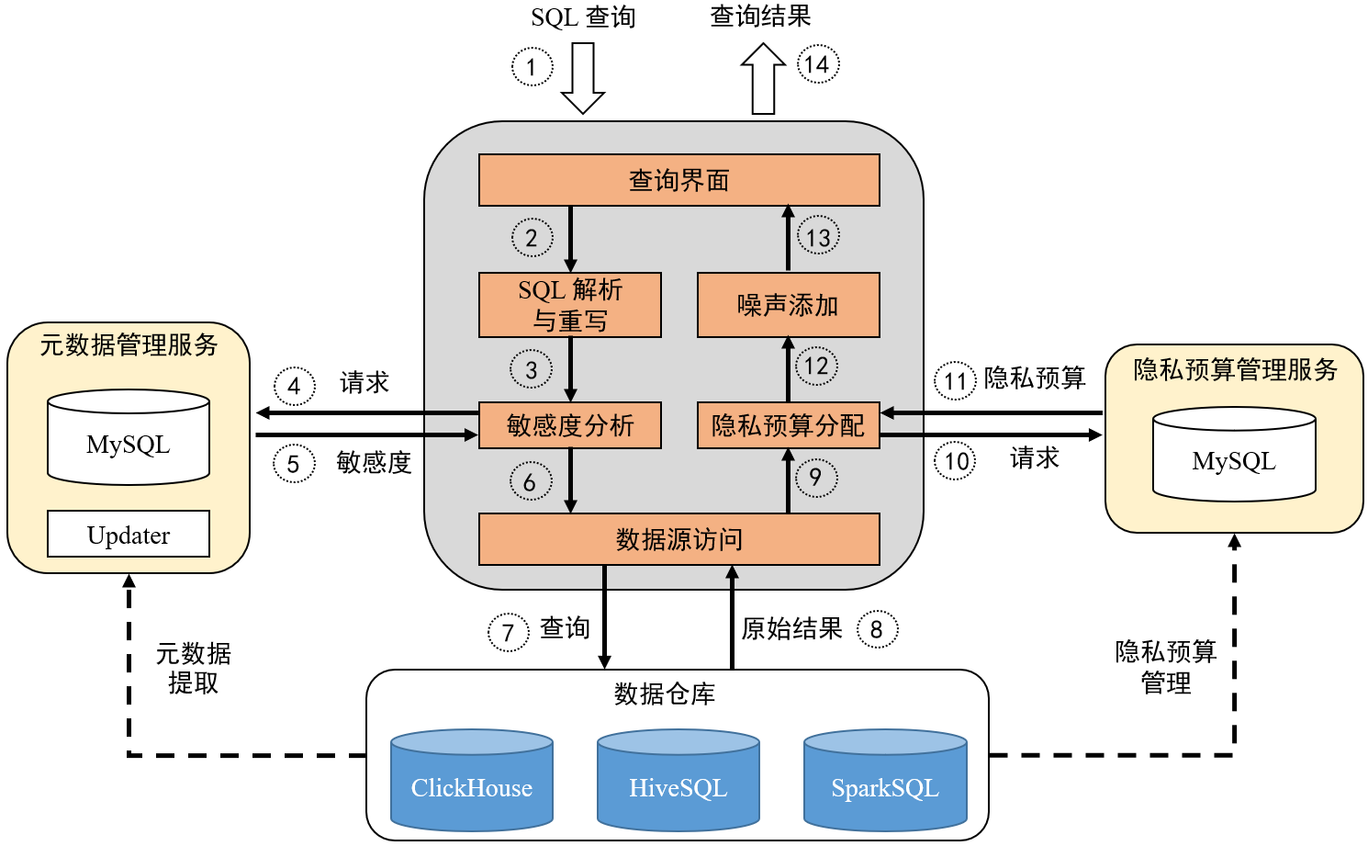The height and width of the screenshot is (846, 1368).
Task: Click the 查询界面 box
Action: pyautogui.click(x=678, y=180)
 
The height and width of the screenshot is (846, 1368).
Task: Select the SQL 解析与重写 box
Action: pyautogui.click(x=569, y=305)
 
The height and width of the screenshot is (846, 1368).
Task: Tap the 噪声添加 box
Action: pyautogui.click(x=788, y=305)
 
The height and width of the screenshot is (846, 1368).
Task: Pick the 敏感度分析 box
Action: pyautogui.click(x=569, y=425)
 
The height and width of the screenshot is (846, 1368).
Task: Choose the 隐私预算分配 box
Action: pyautogui.click(x=788, y=425)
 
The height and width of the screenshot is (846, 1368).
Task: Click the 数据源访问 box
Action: pyautogui.click(x=678, y=539)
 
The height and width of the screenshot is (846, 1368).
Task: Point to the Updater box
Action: pyautogui.click(x=129, y=535)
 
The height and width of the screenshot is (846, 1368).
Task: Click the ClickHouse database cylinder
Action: pyautogui.click(x=472, y=781)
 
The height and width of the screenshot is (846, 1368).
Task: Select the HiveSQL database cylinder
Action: pyautogui.click(x=678, y=781)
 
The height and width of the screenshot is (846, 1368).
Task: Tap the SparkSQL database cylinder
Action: pyautogui.click(x=885, y=781)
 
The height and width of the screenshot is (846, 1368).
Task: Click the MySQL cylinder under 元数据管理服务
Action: pyautogui.click(x=129, y=438)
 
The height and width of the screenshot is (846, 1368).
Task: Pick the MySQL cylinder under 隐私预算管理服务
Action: pyautogui.click(x=1234, y=456)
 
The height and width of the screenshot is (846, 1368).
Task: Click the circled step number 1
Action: pyautogui.click(x=532, y=67)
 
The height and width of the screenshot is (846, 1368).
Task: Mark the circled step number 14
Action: pyautogui.click(x=817, y=64)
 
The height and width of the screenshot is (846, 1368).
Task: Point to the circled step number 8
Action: pyautogui.click(x=877, y=629)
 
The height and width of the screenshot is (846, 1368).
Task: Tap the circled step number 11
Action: pyautogui.click(x=955, y=380)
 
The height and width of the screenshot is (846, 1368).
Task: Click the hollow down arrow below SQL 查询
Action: pyautogui.click(x=583, y=77)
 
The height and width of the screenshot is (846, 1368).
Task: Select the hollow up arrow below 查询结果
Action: pyautogui.click(x=763, y=79)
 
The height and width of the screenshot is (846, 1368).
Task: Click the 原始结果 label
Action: pyautogui.click(x=791, y=629)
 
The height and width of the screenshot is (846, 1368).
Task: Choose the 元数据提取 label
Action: pyautogui.click(x=193, y=669)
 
